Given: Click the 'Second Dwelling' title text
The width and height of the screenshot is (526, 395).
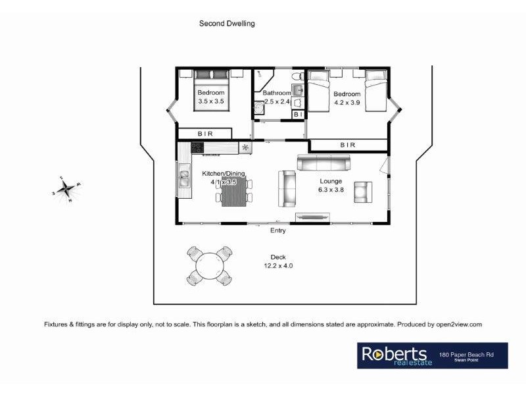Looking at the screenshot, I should pos(227,23).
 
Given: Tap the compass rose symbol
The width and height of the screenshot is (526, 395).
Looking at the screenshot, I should pos(65,190).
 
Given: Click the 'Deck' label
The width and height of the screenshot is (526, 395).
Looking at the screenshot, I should pos(278,257).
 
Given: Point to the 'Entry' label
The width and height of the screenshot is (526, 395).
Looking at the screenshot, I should pos(278,230).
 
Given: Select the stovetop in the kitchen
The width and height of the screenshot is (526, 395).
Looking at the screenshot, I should pos(197,147).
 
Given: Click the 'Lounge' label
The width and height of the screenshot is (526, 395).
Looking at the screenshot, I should pos(331,180).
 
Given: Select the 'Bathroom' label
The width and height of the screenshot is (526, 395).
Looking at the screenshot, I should pos(277,93).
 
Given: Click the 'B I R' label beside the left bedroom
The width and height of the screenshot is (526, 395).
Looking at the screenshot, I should pos(205,134).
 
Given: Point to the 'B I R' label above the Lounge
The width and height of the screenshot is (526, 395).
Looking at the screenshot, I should pos(347,145).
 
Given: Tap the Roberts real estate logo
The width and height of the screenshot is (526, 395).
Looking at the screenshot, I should pos(394,356).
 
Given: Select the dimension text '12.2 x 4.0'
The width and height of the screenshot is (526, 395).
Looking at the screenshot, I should pos(278,266).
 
